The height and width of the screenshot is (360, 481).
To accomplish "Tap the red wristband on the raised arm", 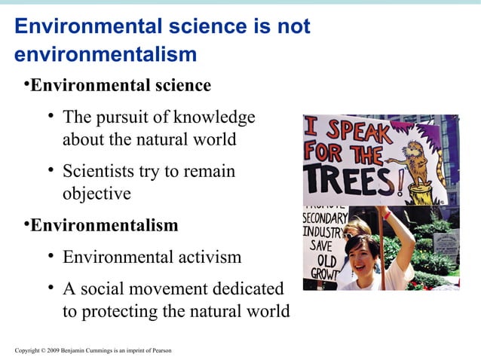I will pyautogui.click(x=387, y=215).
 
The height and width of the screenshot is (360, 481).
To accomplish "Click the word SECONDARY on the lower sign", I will pyautogui.click(x=325, y=218).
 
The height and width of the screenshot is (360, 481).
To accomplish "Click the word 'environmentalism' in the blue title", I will pyautogui.click(x=106, y=55).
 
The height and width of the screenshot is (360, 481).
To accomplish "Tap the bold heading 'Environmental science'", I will pyautogui.click(x=121, y=86).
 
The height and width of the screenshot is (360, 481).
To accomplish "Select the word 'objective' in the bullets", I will pyautogui.click(x=97, y=194).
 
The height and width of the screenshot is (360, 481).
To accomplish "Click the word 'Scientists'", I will pyautogui.click(x=101, y=172).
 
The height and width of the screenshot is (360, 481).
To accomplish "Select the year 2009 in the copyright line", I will pyautogui.click(x=53, y=350).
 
